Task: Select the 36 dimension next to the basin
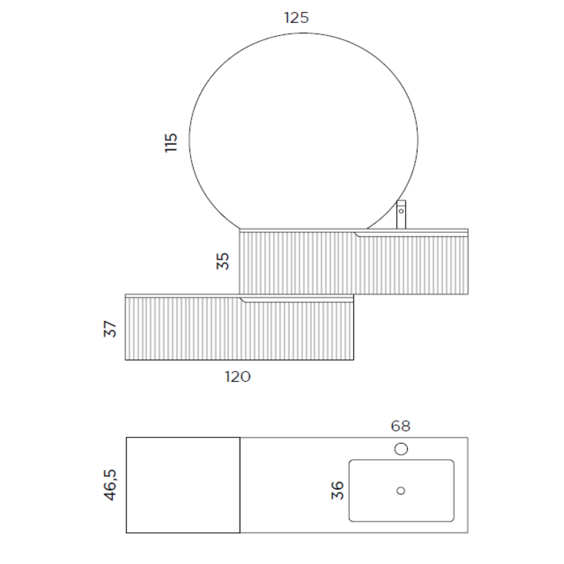click(x=337, y=490)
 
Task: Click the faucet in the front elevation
click(x=401, y=215)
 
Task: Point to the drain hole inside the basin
click(x=401, y=491)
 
